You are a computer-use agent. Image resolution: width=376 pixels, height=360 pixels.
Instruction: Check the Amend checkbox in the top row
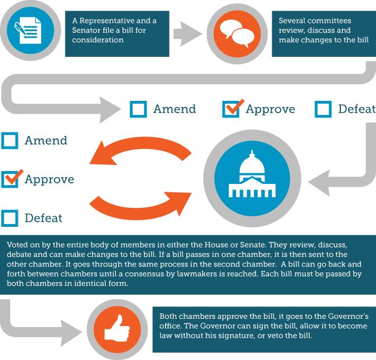[x=138, y=109]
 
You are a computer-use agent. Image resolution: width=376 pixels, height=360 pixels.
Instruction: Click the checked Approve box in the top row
[x=231, y=109]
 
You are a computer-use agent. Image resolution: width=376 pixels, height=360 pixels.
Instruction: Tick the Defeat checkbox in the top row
[x=323, y=109]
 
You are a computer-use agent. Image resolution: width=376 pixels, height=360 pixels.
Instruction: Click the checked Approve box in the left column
[x=10, y=179]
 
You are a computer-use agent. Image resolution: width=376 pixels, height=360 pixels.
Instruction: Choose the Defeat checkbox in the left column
[x=9, y=218]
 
